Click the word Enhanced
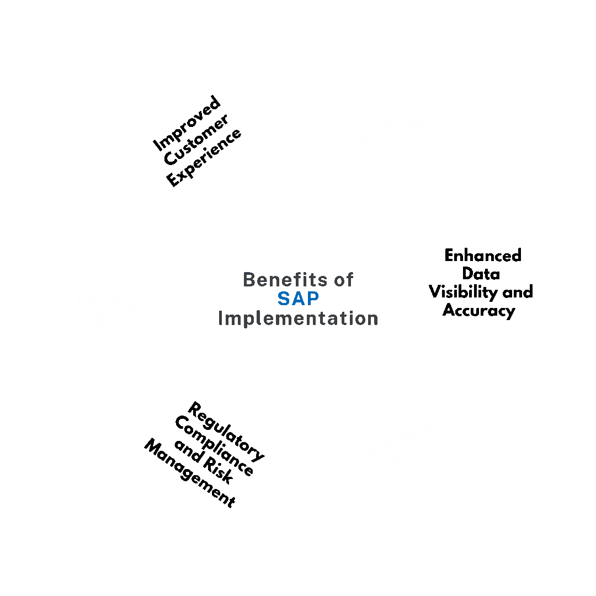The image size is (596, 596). [x=483, y=256]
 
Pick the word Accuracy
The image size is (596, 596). [x=478, y=311]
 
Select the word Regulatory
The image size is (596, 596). [x=226, y=432]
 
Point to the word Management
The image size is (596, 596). [x=190, y=473]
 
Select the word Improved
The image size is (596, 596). [x=187, y=124]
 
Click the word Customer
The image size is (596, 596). [x=196, y=140]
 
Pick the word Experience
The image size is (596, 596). [x=204, y=157]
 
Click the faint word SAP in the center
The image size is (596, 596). [x=298, y=299]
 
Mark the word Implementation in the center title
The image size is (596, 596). [x=298, y=318]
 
